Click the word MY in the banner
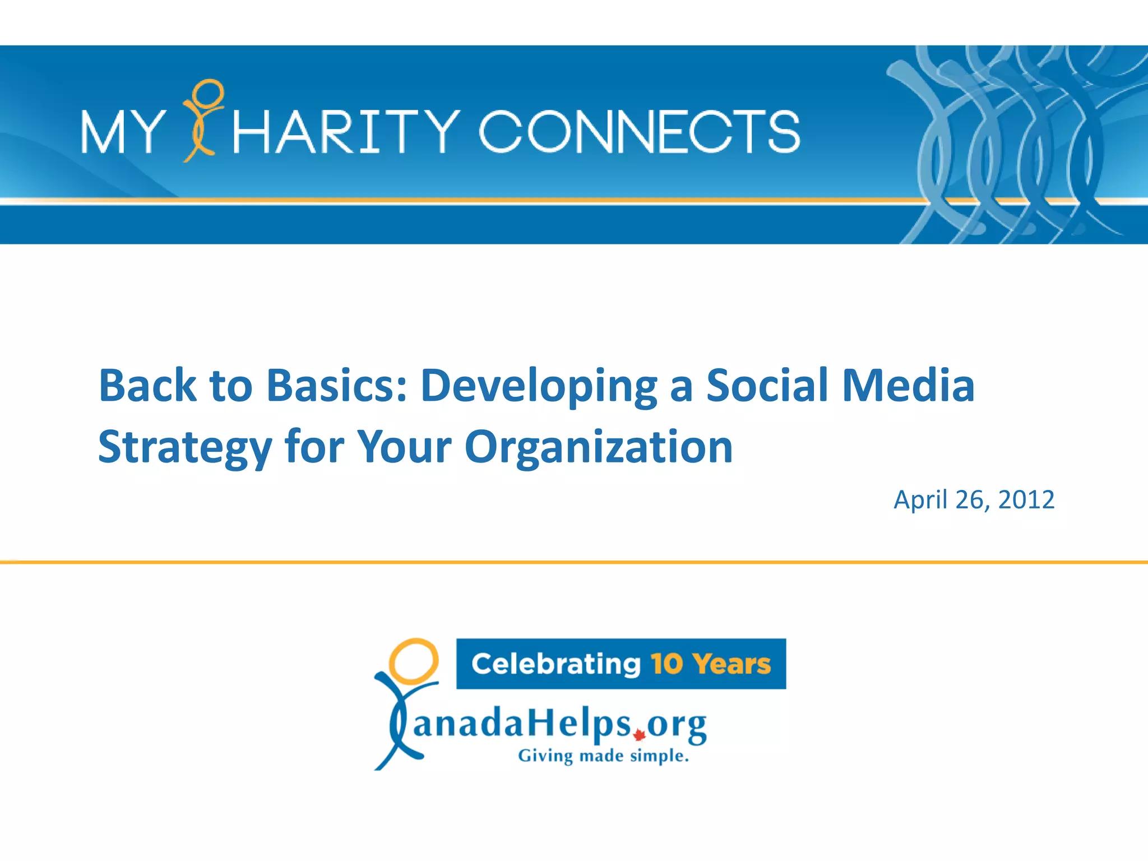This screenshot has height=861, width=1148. tap(122, 132)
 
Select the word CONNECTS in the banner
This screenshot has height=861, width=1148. tap(639, 132)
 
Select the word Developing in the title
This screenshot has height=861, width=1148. tap(539, 387)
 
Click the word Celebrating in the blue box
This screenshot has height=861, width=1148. tap(556, 664)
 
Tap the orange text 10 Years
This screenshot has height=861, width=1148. tap(711, 664)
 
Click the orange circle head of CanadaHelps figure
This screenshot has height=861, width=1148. tap(413, 660)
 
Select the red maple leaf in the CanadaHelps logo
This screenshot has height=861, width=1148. tap(638, 735)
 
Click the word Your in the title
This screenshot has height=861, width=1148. tap(404, 447)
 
